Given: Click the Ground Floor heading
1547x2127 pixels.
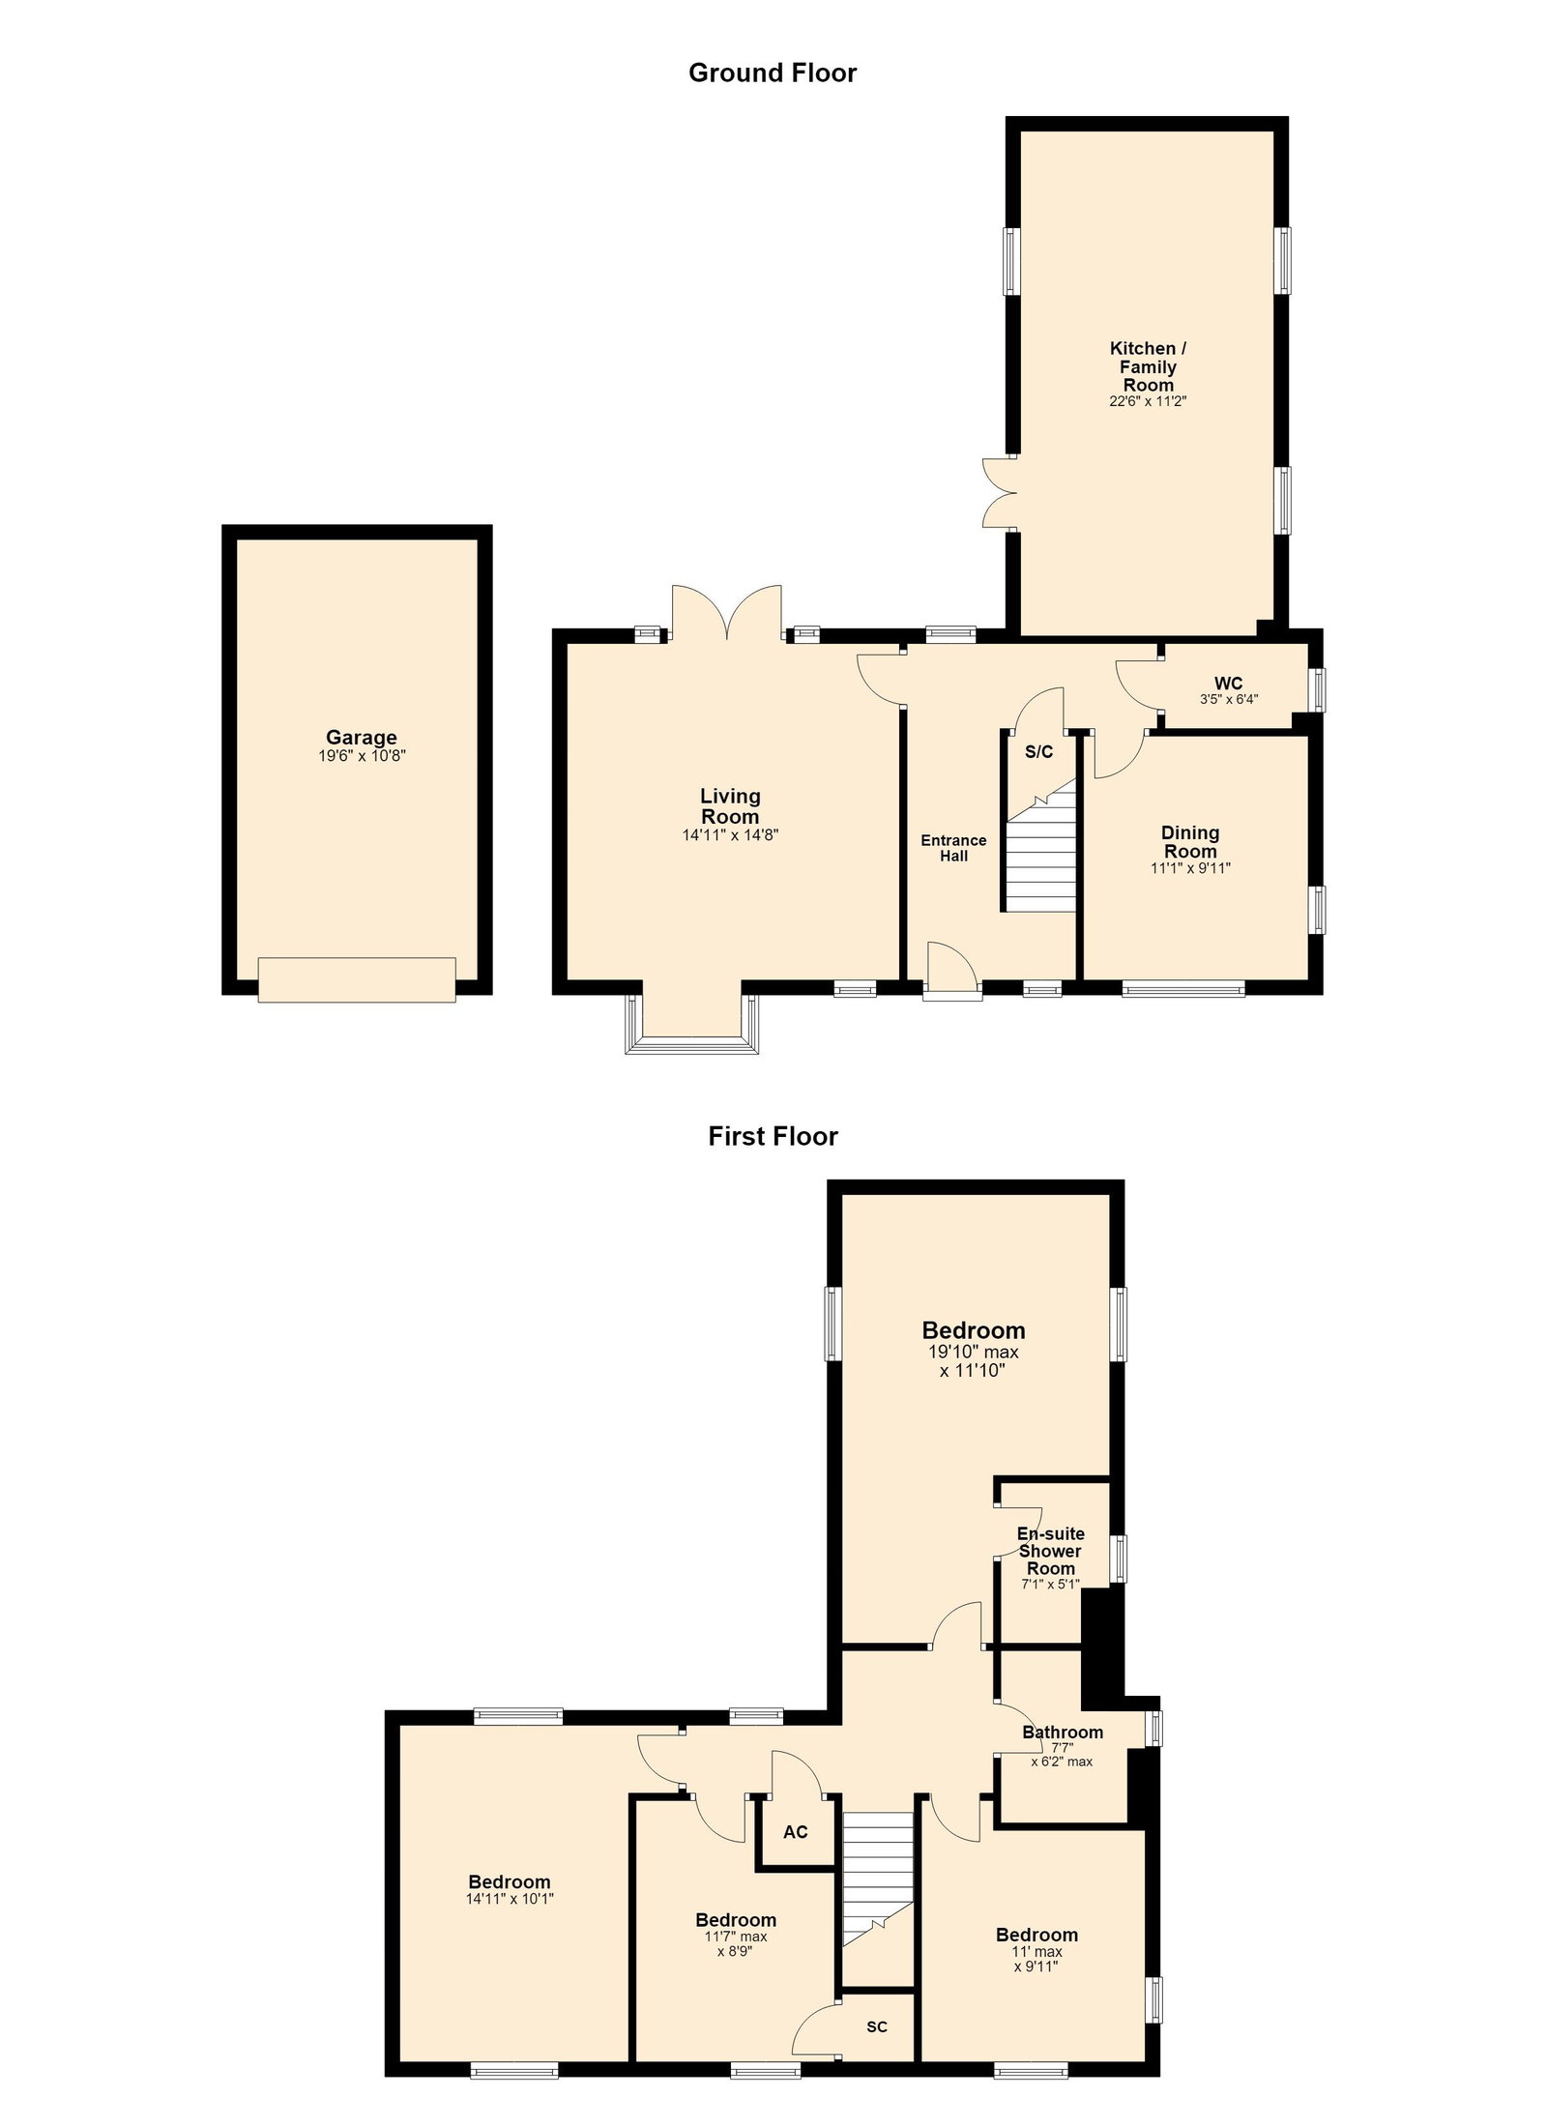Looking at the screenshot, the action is pos(773,73).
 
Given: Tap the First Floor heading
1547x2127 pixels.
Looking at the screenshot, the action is pos(773,1136).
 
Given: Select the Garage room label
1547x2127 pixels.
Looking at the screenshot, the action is pos(362,739).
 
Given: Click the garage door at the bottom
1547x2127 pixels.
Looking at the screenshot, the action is pos(357,979).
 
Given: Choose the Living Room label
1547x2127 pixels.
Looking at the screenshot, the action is pos(730,806).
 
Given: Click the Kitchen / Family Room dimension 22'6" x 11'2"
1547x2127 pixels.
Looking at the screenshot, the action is pos(1148,401).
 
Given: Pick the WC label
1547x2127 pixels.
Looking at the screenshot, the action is pos(1229,683).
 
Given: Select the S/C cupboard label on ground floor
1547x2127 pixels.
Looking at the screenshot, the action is pos(1038,752).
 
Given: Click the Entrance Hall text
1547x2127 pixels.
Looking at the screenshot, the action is pos(953,848).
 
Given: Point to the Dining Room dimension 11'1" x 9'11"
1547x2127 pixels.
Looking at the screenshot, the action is pos(1190,868).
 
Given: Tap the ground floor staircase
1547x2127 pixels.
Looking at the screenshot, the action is pos(1040,848).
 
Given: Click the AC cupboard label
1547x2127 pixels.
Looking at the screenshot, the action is pos(796,1832).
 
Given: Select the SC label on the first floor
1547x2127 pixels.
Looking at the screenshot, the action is pos(877,2019).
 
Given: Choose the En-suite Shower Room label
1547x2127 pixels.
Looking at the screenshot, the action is pos(1051,1551).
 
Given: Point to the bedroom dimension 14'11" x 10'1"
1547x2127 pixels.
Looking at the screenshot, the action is pos(510,1899).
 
